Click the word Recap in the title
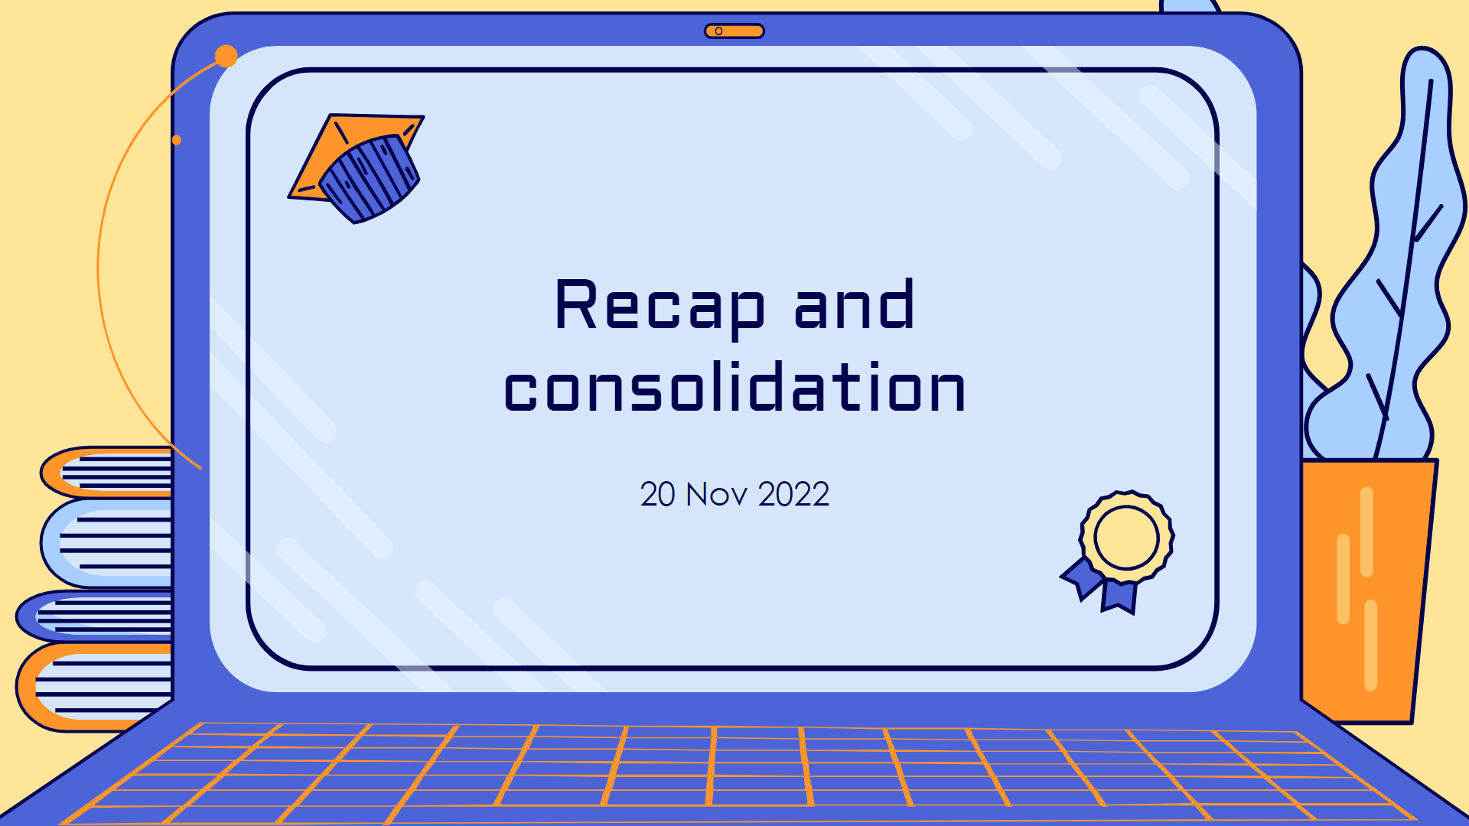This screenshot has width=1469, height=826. coord(659,305)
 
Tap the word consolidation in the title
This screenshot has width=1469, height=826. coord(734,388)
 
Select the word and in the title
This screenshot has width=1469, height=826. coord(854,305)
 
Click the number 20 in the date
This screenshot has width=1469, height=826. coord(657,494)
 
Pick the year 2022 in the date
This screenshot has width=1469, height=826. coord(793,494)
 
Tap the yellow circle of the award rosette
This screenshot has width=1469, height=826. coord(1126,537)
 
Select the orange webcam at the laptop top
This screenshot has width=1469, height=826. coord(734,31)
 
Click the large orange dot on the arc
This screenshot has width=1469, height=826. coord(226,56)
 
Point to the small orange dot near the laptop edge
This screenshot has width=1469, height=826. coord(177,140)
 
